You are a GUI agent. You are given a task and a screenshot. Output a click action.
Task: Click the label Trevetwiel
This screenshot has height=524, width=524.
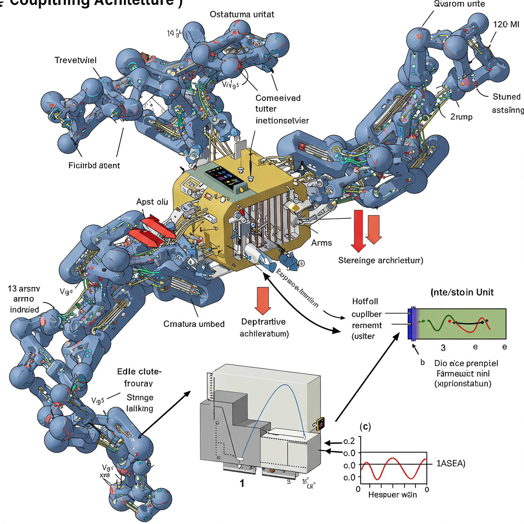point(75,60)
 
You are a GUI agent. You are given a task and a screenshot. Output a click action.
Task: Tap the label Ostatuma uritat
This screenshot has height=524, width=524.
point(242,14)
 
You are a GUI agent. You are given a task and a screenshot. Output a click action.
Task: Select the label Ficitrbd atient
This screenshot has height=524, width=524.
point(94,165)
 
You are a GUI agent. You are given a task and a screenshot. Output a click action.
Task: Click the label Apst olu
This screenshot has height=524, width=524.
point(152,202)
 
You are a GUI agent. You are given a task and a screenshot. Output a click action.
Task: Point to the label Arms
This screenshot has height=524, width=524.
point(321,243)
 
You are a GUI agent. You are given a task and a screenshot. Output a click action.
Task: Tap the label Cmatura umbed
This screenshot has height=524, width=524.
point(194,324)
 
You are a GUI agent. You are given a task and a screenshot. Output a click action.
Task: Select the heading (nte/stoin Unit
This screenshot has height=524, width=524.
point(462,292)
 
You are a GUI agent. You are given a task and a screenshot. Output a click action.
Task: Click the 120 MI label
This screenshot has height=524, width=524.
point(506,25)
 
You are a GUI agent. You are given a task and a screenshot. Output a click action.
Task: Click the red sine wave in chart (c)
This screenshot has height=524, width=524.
point(393,458)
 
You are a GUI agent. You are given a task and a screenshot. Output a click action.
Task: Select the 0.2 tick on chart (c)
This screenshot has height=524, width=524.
point(349,441)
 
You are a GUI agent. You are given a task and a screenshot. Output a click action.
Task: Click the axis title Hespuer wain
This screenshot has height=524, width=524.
point(392,495)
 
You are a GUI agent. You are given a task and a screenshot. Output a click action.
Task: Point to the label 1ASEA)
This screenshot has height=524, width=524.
point(451,463)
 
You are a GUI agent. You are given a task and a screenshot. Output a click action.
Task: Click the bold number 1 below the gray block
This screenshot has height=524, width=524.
point(242,483)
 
